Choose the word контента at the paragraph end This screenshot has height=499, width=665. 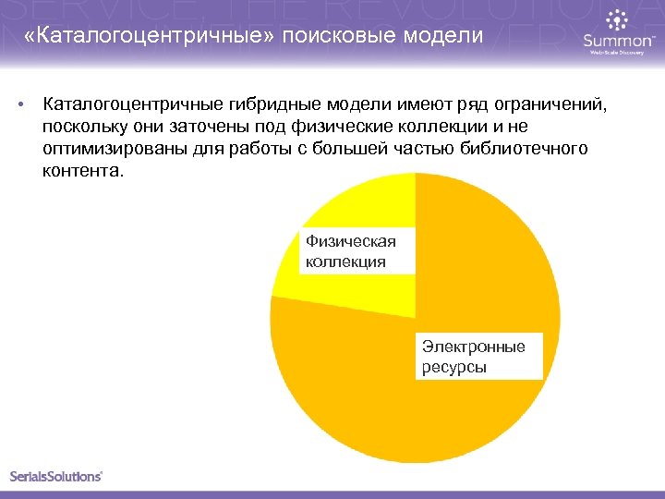(x=79, y=171)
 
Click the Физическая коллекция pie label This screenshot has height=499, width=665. (x=351, y=251)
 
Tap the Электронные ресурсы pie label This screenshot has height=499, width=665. (x=474, y=357)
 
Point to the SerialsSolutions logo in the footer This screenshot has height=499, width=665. (x=55, y=476)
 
